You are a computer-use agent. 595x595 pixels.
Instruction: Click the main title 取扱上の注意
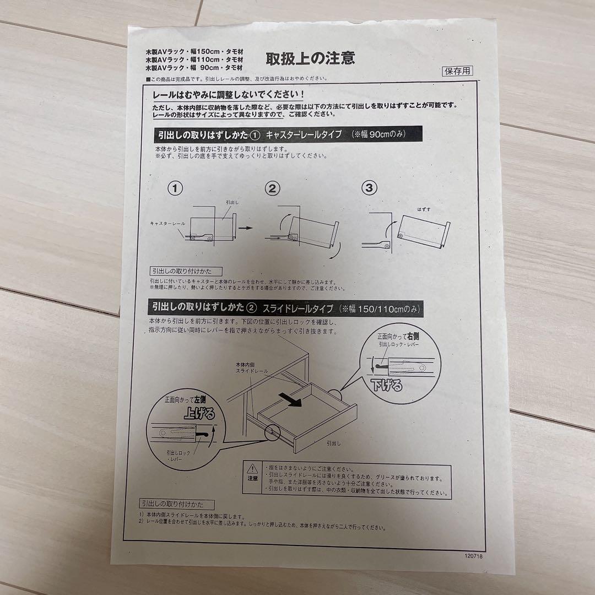click(310, 58)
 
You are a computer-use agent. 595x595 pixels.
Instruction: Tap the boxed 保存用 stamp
click(457, 71)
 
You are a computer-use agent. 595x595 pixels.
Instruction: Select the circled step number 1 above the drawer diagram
click(175, 189)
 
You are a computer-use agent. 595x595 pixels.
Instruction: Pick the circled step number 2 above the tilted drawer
click(272, 189)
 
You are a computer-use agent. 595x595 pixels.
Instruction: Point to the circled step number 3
click(369, 188)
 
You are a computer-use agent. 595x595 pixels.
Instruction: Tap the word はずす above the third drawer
click(424, 209)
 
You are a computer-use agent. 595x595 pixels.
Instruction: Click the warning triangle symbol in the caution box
click(252, 469)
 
